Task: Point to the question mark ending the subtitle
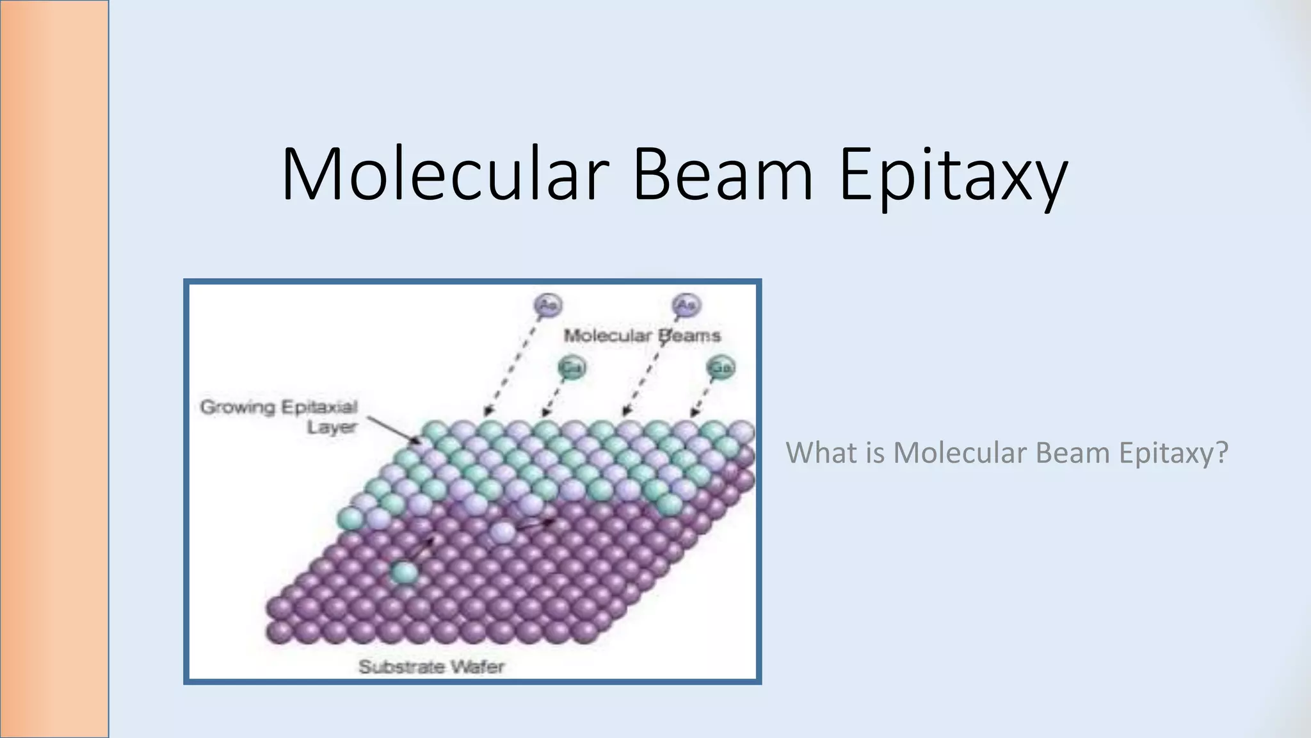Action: pyautogui.click(x=1221, y=452)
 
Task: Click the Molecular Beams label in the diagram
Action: pyautogui.click(x=641, y=335)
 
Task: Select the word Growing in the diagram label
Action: pyautogui.click(x=237, y=407)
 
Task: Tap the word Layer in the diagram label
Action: pyautogui.click(x=332, y=427)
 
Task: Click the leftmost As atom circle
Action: pyautogui.click(x=548, y=305)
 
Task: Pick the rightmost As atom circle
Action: pyautogui.click(x=686, y=305)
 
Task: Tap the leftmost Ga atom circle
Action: pyautogui.click(x=572, y=368)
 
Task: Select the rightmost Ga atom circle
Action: pyautogui.click(x=721, y=368)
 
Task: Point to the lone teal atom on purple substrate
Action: pyautogui.click(x=405, y=571)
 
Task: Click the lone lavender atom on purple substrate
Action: pyautogui.click(x=503, y=532)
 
